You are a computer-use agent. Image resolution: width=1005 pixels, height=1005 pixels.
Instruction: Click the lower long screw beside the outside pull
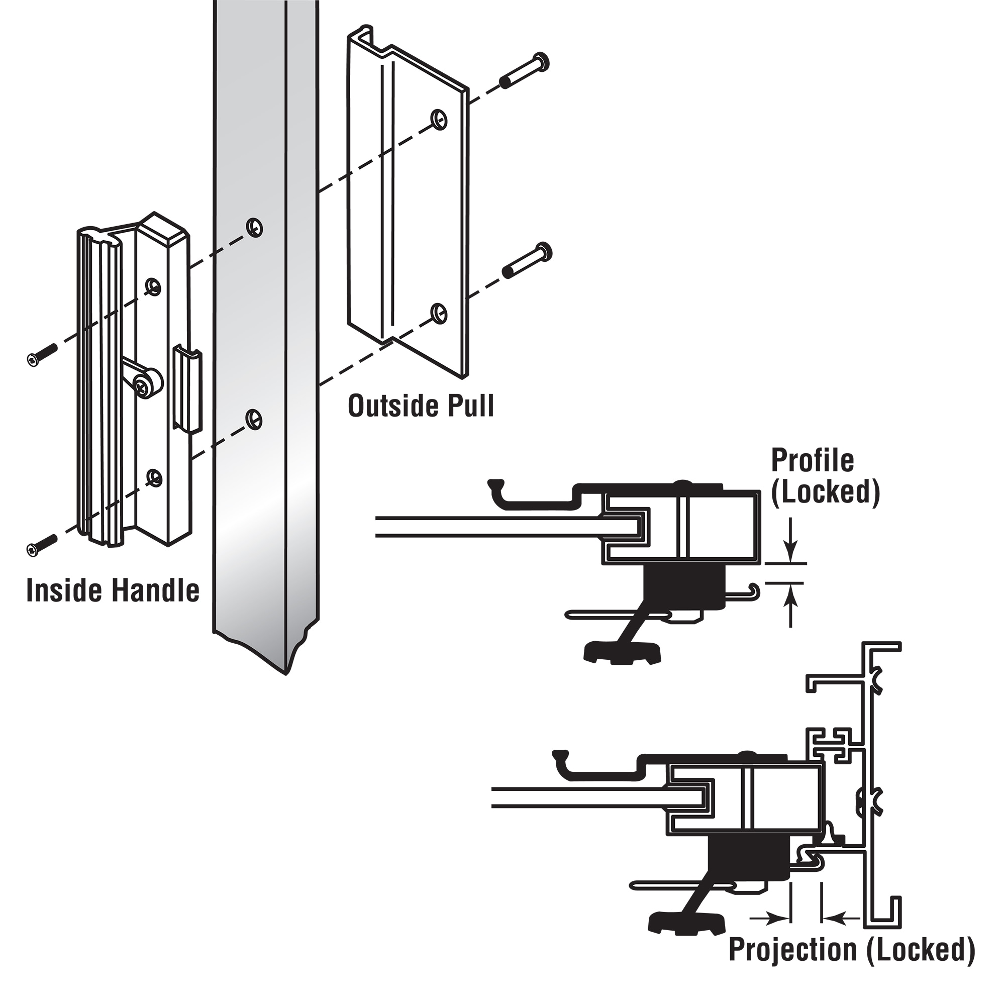point(527,261)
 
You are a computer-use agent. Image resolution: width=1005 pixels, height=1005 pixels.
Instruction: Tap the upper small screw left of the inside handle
point(42,355)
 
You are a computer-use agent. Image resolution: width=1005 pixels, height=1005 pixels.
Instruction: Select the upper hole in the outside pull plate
point(440,119)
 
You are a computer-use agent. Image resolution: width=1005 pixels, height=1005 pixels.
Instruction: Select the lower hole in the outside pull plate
point(440,312)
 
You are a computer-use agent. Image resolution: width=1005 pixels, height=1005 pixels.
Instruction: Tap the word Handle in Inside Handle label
point(156,591)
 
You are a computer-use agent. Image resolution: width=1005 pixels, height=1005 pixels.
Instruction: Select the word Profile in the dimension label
point(812,460)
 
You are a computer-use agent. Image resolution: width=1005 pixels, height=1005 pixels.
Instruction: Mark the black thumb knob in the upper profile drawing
point(622,652)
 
